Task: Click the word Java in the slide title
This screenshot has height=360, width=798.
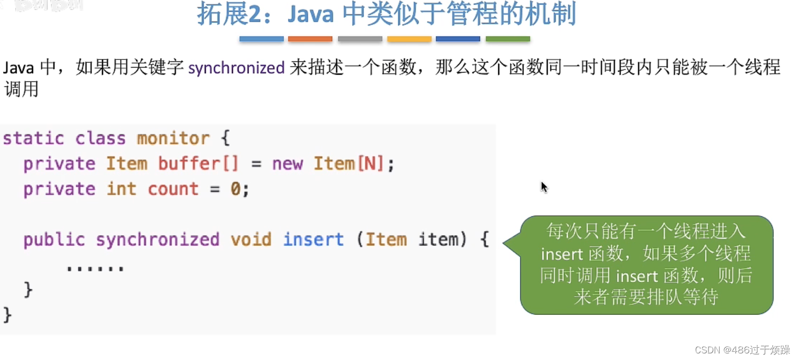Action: [x=310, y=14]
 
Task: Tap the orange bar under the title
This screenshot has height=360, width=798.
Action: [x=310, y=39]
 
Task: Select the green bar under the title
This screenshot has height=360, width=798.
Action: [x=507, y=39]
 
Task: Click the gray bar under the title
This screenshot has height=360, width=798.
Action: [x=360, y=39]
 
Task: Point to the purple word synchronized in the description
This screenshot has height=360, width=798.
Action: [x=236, y=68]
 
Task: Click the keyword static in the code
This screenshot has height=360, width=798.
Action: [x=34, y=138]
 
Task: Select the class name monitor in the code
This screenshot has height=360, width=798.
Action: [x=173, y=138]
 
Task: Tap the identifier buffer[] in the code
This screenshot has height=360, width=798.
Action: [x=198, y=163]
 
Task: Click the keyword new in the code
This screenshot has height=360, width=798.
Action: [x=287, y=163]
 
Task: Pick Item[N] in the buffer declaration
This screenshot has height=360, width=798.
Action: [x=348, y=163]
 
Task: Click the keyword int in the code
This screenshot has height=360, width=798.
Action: [x=121, y=189]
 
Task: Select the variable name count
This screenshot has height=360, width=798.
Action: [x=173, y=189]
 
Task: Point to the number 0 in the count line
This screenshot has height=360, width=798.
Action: [x=235, y=189]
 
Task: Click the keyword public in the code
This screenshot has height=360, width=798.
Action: [x=54, y=239]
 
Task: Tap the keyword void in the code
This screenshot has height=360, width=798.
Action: [x=251, y=239]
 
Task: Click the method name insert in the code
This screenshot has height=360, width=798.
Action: [x=313, y=239]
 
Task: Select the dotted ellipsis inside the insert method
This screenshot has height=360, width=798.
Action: [x=95, y=268]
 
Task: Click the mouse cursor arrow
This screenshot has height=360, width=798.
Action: [x=544, y=187]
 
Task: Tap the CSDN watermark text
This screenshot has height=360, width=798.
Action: [x=742, y=350]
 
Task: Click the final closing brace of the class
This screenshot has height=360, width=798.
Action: [x=7, y=315]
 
